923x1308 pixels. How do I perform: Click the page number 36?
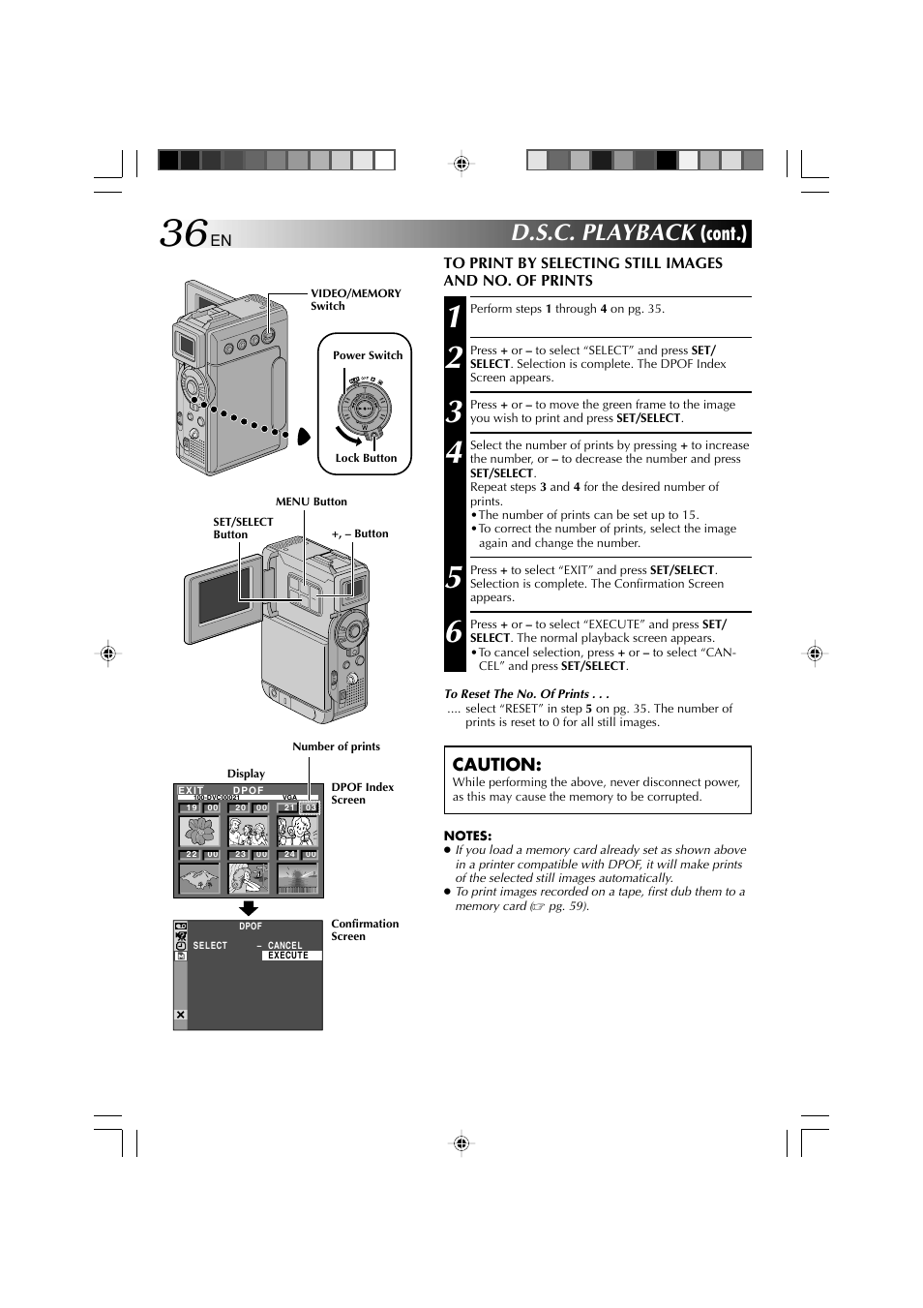[x=184, y=233]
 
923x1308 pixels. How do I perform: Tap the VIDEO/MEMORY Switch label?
[x=355, y=299]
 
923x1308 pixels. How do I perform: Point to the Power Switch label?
[x=368, y=355]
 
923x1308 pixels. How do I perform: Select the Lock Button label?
[x=366, y=458]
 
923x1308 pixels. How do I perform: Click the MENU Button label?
[x=311, y=502]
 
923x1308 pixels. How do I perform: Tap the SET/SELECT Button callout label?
[x=243, y=528]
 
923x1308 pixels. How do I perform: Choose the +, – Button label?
[x=360, y=533]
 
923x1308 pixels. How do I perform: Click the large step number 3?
[x=454, y=412]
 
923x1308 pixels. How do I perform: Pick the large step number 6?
[x=454, y=632]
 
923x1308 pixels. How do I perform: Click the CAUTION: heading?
[x=496, y=764]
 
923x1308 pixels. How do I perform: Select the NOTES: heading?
[x=467, y=836]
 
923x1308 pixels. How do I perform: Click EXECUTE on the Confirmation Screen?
[x=288, y=956]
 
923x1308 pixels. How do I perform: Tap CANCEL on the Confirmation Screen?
[x=284, y=945]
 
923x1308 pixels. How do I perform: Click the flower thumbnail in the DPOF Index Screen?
[x=200, y=831]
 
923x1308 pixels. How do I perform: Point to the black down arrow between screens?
[x=249, y=909]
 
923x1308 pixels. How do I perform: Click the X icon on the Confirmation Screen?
[x=180, y=1015]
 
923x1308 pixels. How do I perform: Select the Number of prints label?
[x=336, y=746]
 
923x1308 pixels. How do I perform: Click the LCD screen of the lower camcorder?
[x=223, y=596]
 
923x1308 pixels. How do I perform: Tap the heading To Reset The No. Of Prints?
[x=526, y=693]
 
